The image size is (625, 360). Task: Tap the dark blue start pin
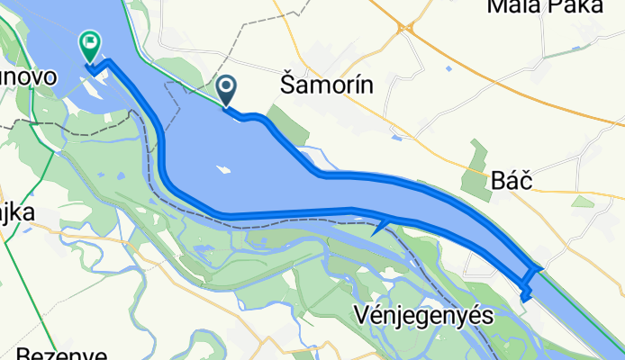pos(226,89)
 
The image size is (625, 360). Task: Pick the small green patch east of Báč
pos(583,201)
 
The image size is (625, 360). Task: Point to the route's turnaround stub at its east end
pos(527,292)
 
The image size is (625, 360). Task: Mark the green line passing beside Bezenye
pos(18,297)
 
